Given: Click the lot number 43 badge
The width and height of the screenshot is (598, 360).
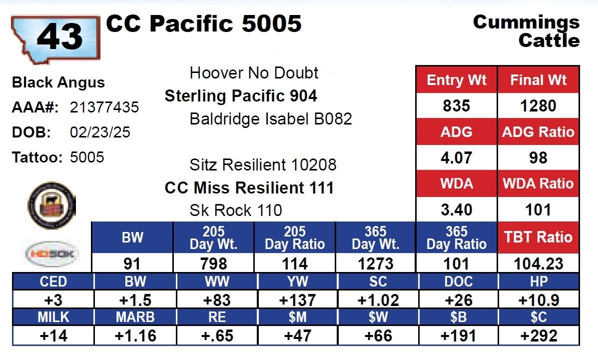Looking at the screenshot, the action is pyautogui.click(x=55, y=38).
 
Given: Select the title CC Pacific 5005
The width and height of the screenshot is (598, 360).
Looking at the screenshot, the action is pyautogui.click(x=204, y=23).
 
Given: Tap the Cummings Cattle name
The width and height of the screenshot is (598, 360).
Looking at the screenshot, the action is pyautogui.click(x=526, y=31).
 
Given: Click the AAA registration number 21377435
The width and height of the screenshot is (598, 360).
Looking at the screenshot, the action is pyautogui.click(x=104, y=107).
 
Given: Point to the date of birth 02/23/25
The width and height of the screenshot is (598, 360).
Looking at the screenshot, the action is pyautogui.click(x=100, y=132).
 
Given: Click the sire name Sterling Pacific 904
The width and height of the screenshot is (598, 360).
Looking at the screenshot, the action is pyautogui.click(x=241, y=96).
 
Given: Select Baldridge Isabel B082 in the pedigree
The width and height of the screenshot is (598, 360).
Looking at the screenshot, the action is pyautogui.click(x=270, y=118).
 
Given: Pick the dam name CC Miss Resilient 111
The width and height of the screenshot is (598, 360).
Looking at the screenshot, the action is pyautogui.click(x=249, y=188).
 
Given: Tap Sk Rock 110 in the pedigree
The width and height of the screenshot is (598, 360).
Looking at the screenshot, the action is pyautogui.click(x=236, y=210).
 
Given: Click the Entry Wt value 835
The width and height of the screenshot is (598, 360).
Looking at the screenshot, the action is pyautogui.click(x=456, y=105).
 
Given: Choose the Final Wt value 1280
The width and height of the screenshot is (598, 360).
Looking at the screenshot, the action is pyautogui.click(x=538, y=105).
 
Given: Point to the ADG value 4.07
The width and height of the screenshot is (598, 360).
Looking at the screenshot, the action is pyautogui.click(x=456, y=157).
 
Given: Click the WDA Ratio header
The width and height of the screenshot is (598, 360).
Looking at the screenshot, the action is pyautogui.click(x=538, y=183).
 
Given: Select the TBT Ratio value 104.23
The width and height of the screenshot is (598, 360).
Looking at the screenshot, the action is pyautogui.click(x=538, y=264).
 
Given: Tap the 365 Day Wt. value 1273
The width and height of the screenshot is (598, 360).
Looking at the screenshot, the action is pyautogui.click(x=376, y=264).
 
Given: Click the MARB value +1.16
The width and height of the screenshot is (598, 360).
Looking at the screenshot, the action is pyautogui.click(x=135, y=336).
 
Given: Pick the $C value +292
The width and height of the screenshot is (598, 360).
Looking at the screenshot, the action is pyautogui.click(x=539, y=336).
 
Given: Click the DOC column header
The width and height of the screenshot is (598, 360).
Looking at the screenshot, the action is pyautogui.click(x=459, y=281).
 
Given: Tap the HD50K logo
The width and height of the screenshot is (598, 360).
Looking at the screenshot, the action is pyautogui.click(x=52, y=254).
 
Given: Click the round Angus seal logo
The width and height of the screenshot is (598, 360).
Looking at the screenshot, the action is pyautogui.click(x=52, y=205).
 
